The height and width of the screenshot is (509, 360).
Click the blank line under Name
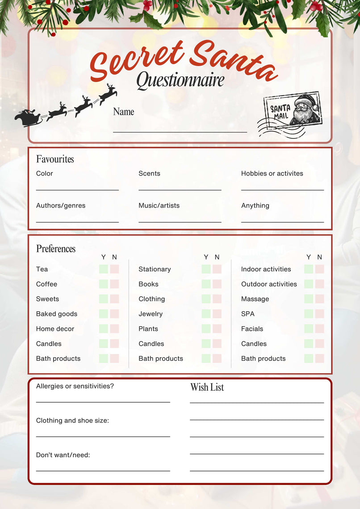[180, 131]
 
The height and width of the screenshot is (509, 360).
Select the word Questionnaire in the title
[180, 80]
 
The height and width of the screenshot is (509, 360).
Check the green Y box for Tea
[104, 269]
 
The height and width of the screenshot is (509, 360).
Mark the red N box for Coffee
[114, 284]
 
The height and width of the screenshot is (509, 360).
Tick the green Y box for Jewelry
[206, 314]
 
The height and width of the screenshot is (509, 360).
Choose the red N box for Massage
[319, 299]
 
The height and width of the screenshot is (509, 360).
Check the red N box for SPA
[319, 314]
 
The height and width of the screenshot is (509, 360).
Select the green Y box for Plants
[206, 329]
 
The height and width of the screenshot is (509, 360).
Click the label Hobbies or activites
[272, 173]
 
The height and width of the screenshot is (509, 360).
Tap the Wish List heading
[207, 387]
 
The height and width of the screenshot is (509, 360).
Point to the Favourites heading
[55, 159]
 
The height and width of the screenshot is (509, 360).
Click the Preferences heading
[56, 249]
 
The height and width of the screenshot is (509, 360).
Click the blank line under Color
[77, 190]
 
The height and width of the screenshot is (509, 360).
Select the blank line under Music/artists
[180, 221]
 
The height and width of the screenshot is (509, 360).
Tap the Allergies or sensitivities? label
[75, 386]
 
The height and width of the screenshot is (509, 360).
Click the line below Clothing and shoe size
[103, 436]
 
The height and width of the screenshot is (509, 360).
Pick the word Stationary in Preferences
[155, 269]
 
